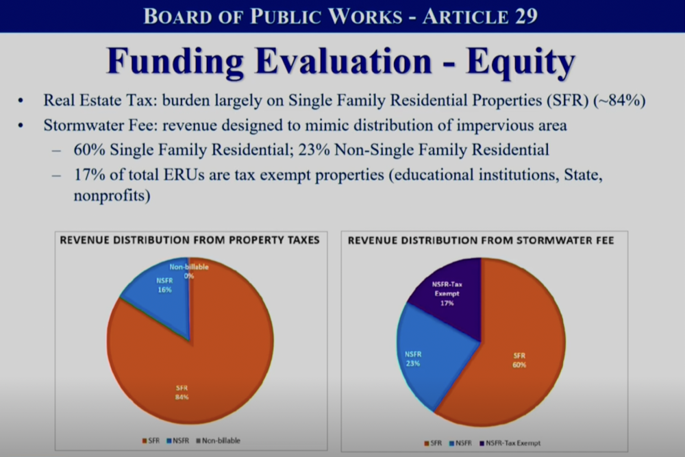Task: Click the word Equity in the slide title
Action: (x=521, y=63)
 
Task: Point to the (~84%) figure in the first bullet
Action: (x=619, y=101)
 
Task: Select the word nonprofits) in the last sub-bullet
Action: (x=112, y=195)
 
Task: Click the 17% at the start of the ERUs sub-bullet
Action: (x=89, y=175)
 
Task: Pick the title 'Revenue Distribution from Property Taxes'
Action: (x=190, y=240)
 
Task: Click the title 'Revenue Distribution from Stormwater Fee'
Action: (x=481, y=240)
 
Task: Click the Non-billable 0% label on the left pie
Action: (x=189, y=271)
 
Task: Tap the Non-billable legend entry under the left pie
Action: (x=218, y=441)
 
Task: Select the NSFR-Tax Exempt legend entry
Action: (x=510, y=443)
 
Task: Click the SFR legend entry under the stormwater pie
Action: (x=433, y=443)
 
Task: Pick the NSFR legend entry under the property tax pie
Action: (x=178, y=441)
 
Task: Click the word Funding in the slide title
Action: (x=175, y=62)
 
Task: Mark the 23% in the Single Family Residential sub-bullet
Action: (x=314, y=150)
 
